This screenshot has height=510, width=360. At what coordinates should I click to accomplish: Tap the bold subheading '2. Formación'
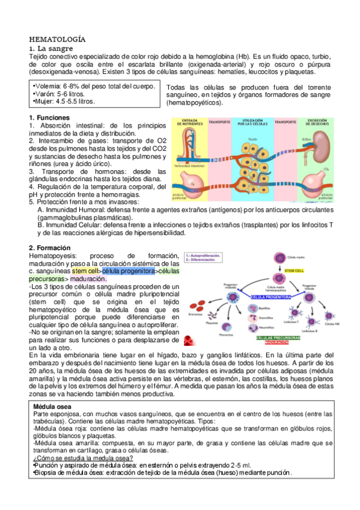pyautogui.click(x=50, y=248)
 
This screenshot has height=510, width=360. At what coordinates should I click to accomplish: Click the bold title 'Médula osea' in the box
pyautogui.click(x=55, y=407)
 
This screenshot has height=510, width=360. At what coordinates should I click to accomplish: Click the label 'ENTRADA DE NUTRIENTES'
pyautogui.click(x=188, y=121)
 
